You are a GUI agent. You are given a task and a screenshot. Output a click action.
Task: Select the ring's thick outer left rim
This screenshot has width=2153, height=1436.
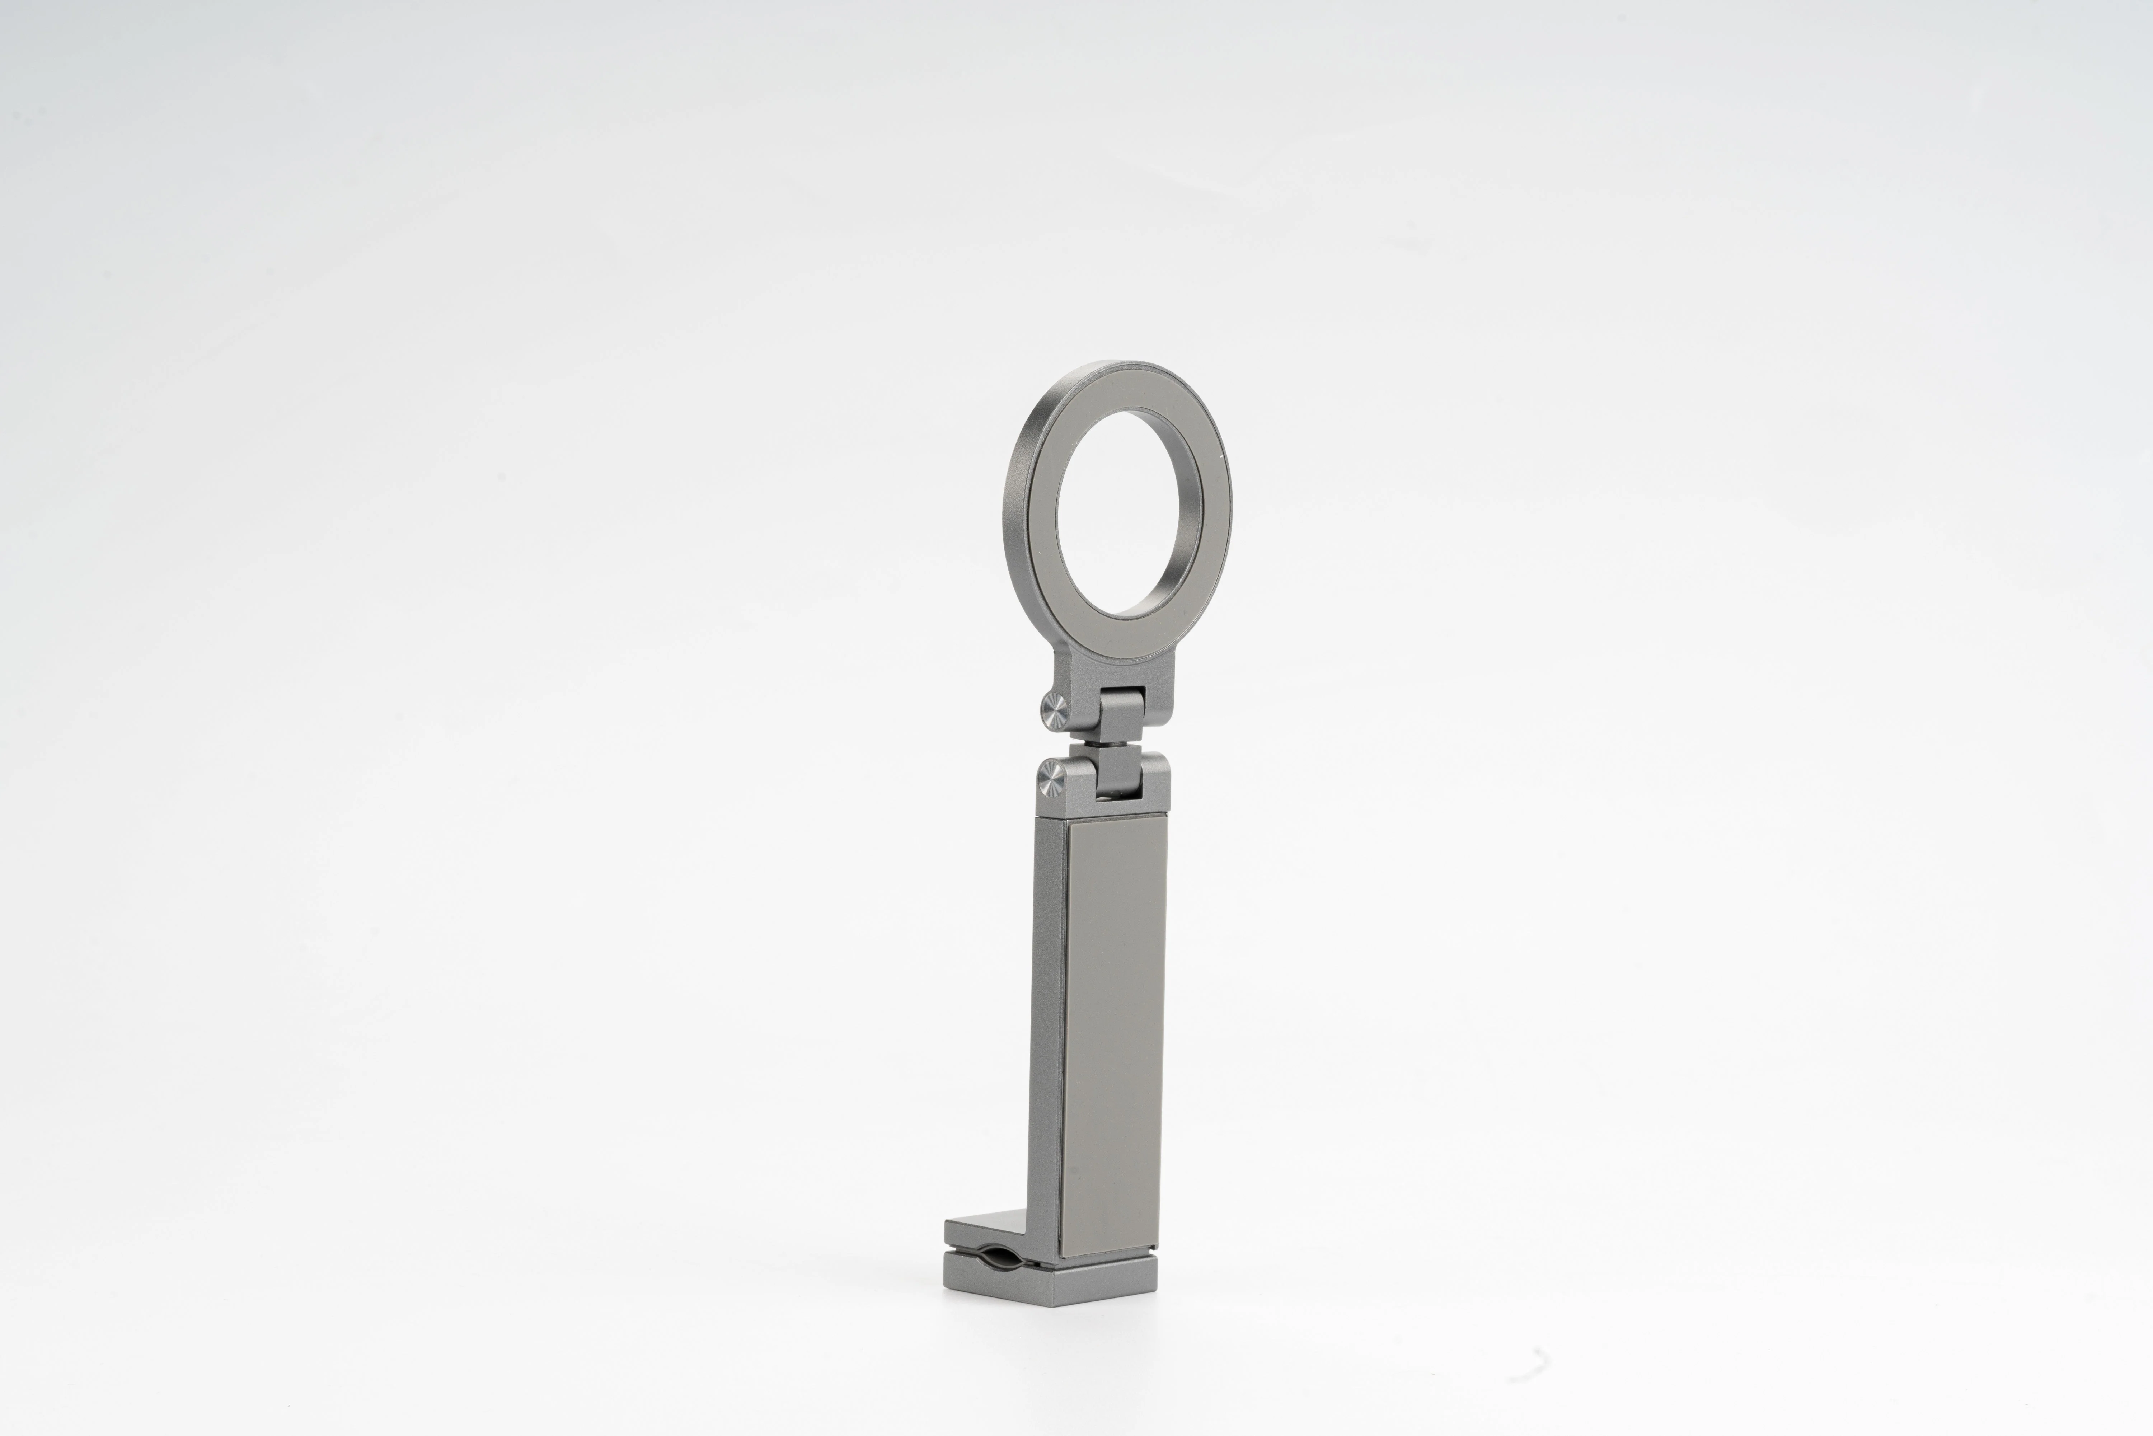click(x=1018, y=513)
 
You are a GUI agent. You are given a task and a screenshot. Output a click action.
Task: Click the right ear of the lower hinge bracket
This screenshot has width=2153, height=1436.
click(x=1156, y=778)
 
